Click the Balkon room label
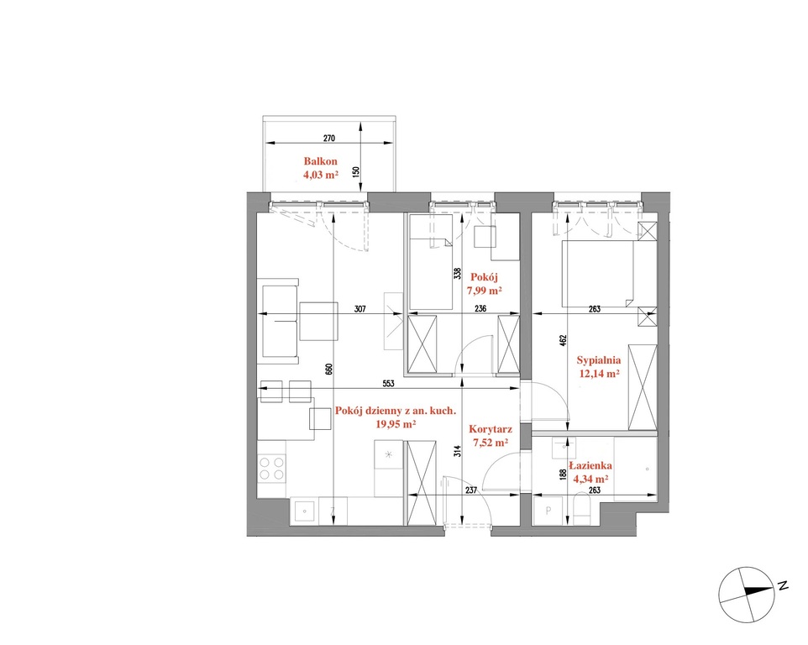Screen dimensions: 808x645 (321, 161)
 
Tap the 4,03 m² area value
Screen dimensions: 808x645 (321, 175)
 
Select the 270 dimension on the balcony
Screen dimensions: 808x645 (328, 138)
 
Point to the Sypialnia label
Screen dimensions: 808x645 (598, 360)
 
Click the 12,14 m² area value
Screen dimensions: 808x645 (599, 374)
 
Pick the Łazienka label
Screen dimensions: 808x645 (590, 465)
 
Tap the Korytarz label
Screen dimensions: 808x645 (490, 429)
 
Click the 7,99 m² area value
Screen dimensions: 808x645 (485, 291)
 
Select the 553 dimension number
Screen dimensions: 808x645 (388, 383)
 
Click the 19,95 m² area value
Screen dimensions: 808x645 (396, 424)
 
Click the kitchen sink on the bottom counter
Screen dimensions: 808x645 (305, 511)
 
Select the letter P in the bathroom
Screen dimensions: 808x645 (548, 511)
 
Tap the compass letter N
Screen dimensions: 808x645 (784, 585)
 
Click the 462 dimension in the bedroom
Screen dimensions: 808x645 (563, 340)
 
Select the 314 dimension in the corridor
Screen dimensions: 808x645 (458, 451)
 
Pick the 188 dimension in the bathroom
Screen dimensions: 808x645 (564, 475)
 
